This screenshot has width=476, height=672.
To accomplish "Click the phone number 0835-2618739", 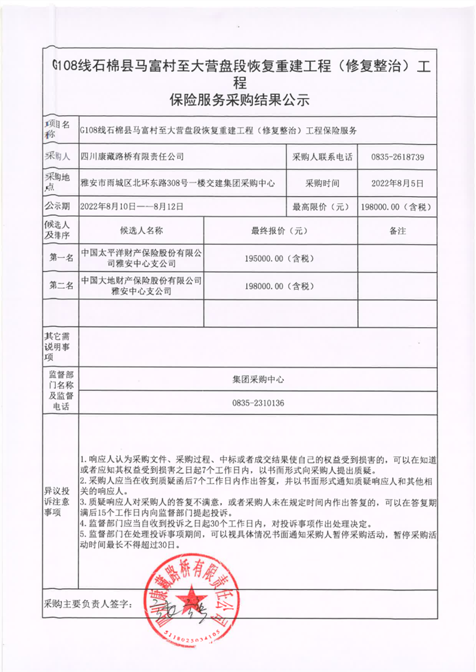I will (397, 157).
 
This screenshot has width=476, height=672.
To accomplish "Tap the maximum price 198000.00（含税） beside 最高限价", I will (396, 207).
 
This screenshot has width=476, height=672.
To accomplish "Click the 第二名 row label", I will (61, 286).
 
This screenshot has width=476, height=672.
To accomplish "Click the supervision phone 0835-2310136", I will (258, 403).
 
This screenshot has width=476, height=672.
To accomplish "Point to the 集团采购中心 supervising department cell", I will (258, 378).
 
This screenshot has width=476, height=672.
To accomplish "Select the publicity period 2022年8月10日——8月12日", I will (131, 207).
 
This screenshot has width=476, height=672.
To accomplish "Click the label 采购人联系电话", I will (322, 157).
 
